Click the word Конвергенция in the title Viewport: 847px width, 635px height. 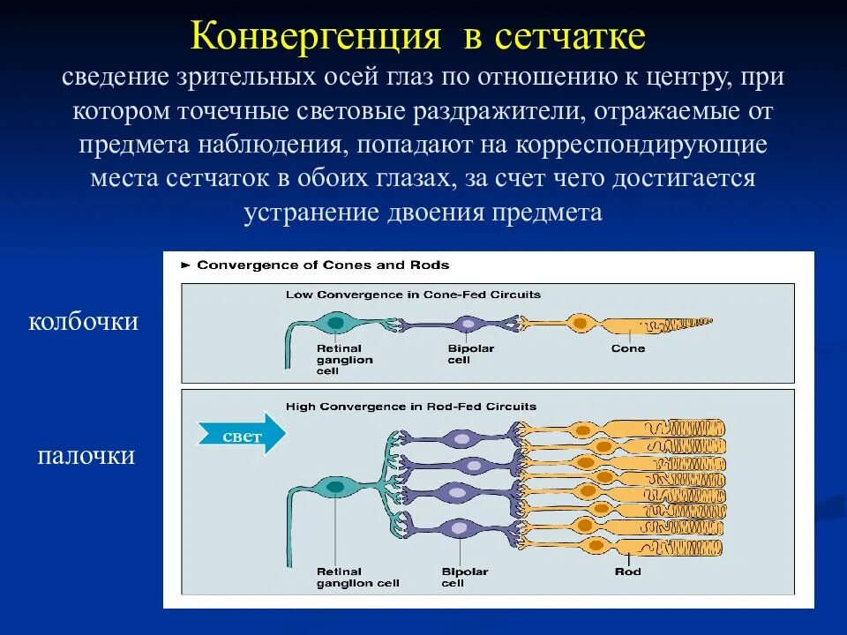pos(315,37)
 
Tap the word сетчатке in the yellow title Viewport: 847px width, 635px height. pos(570,37)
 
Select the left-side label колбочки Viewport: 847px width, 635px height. pos(84,321)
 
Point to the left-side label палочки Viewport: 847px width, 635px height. pos(86,456)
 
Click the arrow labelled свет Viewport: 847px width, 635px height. pos(241,434)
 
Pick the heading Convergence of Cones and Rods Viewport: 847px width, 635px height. pos(322,265)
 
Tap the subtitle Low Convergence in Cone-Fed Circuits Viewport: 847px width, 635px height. pos(413,295)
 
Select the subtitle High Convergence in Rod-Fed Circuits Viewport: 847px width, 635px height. pos(411,407)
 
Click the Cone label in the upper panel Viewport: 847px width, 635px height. pos(628,348)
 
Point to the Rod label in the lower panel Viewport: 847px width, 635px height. pos(628,571)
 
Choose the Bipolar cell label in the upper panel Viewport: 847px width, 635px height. pos(470,354)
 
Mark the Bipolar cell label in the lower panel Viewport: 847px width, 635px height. pos(464,577)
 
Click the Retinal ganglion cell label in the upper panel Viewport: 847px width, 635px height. pos(344,359)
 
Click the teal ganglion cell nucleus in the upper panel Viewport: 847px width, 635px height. pos(335,324)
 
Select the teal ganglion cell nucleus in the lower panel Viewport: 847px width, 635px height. pos(335,486)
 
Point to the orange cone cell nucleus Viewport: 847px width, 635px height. pos(580,324)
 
